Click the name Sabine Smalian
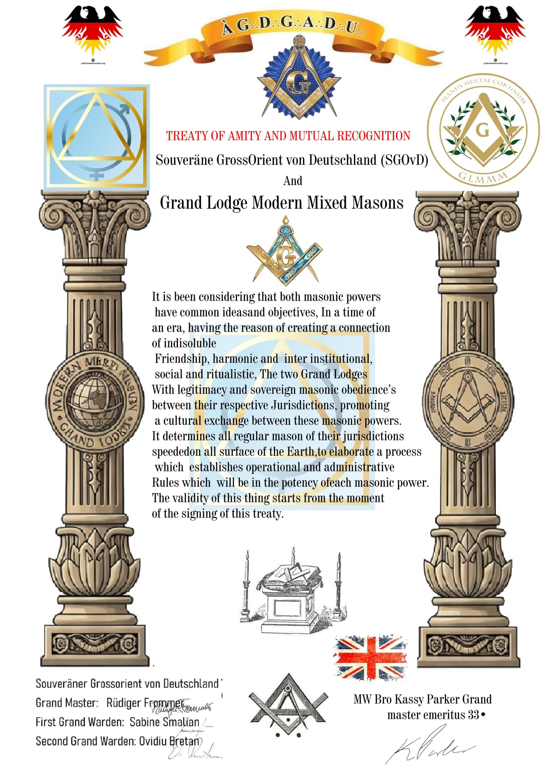164,722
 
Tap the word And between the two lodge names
293,181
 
